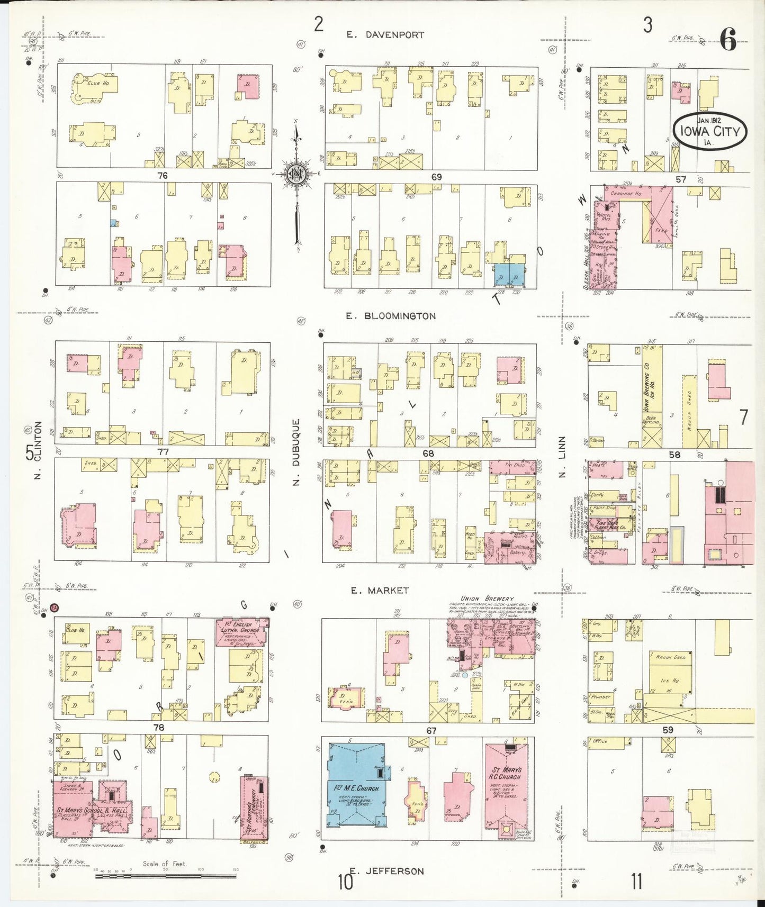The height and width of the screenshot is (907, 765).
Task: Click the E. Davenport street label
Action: tap(385, 35)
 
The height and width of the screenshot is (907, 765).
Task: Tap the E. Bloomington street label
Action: tap(391, 316)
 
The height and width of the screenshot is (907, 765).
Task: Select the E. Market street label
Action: tap(380, 590)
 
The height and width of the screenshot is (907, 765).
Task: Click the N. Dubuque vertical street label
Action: tap(297, 451)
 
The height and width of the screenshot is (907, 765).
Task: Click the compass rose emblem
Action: tap(298, 173)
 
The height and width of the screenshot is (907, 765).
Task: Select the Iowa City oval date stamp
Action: tap(709, 130)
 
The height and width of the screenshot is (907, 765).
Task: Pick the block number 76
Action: tap(163, 176)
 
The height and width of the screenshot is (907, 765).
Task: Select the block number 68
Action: tap(428, 453)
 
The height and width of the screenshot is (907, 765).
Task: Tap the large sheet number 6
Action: tap(728, 40)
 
